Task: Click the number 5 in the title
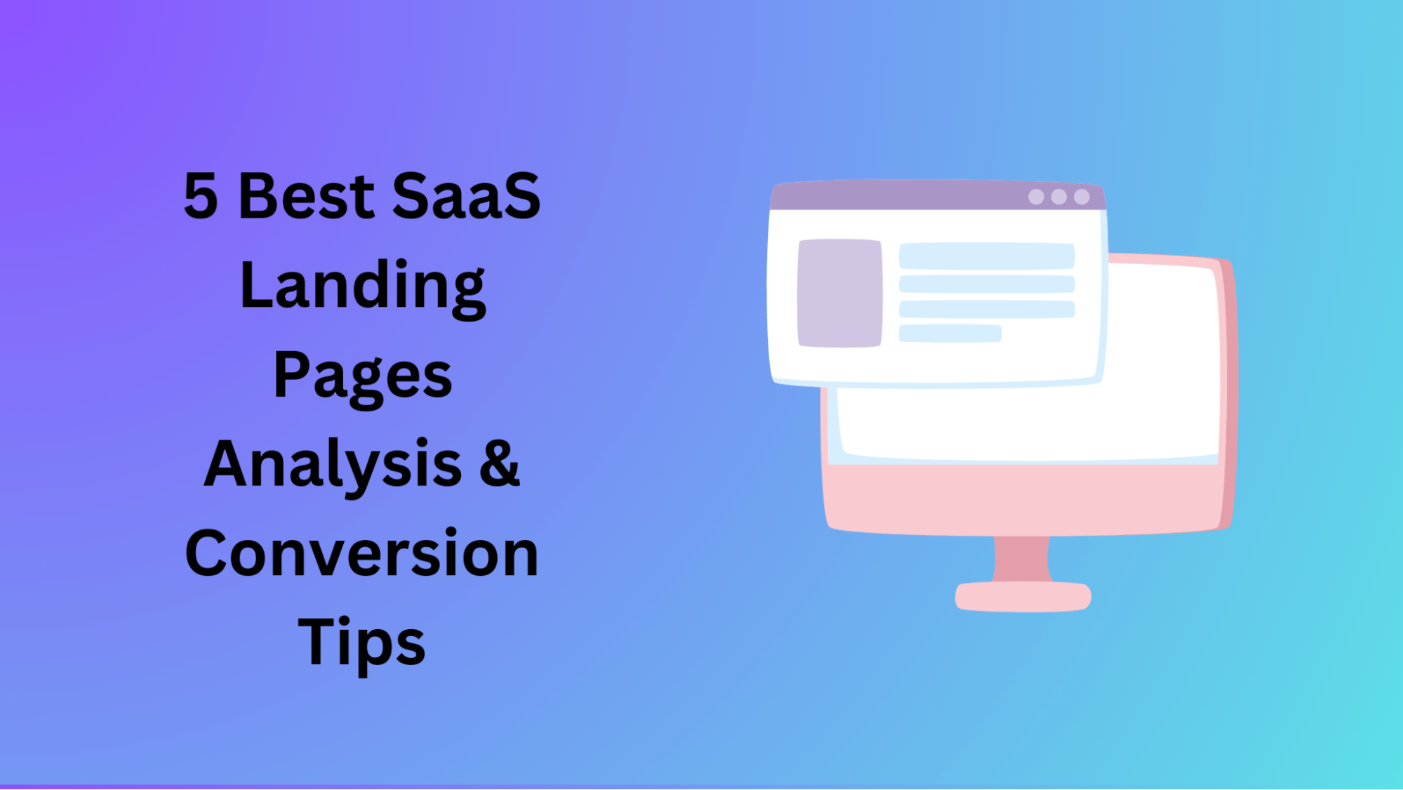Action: (201, 196)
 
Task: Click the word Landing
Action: (362, 287)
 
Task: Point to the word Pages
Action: (362, 377)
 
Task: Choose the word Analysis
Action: (333, 466)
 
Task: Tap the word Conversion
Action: (361, 554)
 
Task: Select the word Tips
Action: (362, 643)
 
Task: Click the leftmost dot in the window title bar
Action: (1036, 197)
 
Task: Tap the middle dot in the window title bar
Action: (1059, 197)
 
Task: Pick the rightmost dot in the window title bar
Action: (1082, 197)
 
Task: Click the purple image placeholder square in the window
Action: (840, 293)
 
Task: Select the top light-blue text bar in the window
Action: (987, 256)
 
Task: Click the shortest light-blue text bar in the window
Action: (950, 333)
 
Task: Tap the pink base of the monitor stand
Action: (1023, 597)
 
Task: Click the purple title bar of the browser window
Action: (938, 196)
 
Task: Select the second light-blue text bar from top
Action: (987, 284)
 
